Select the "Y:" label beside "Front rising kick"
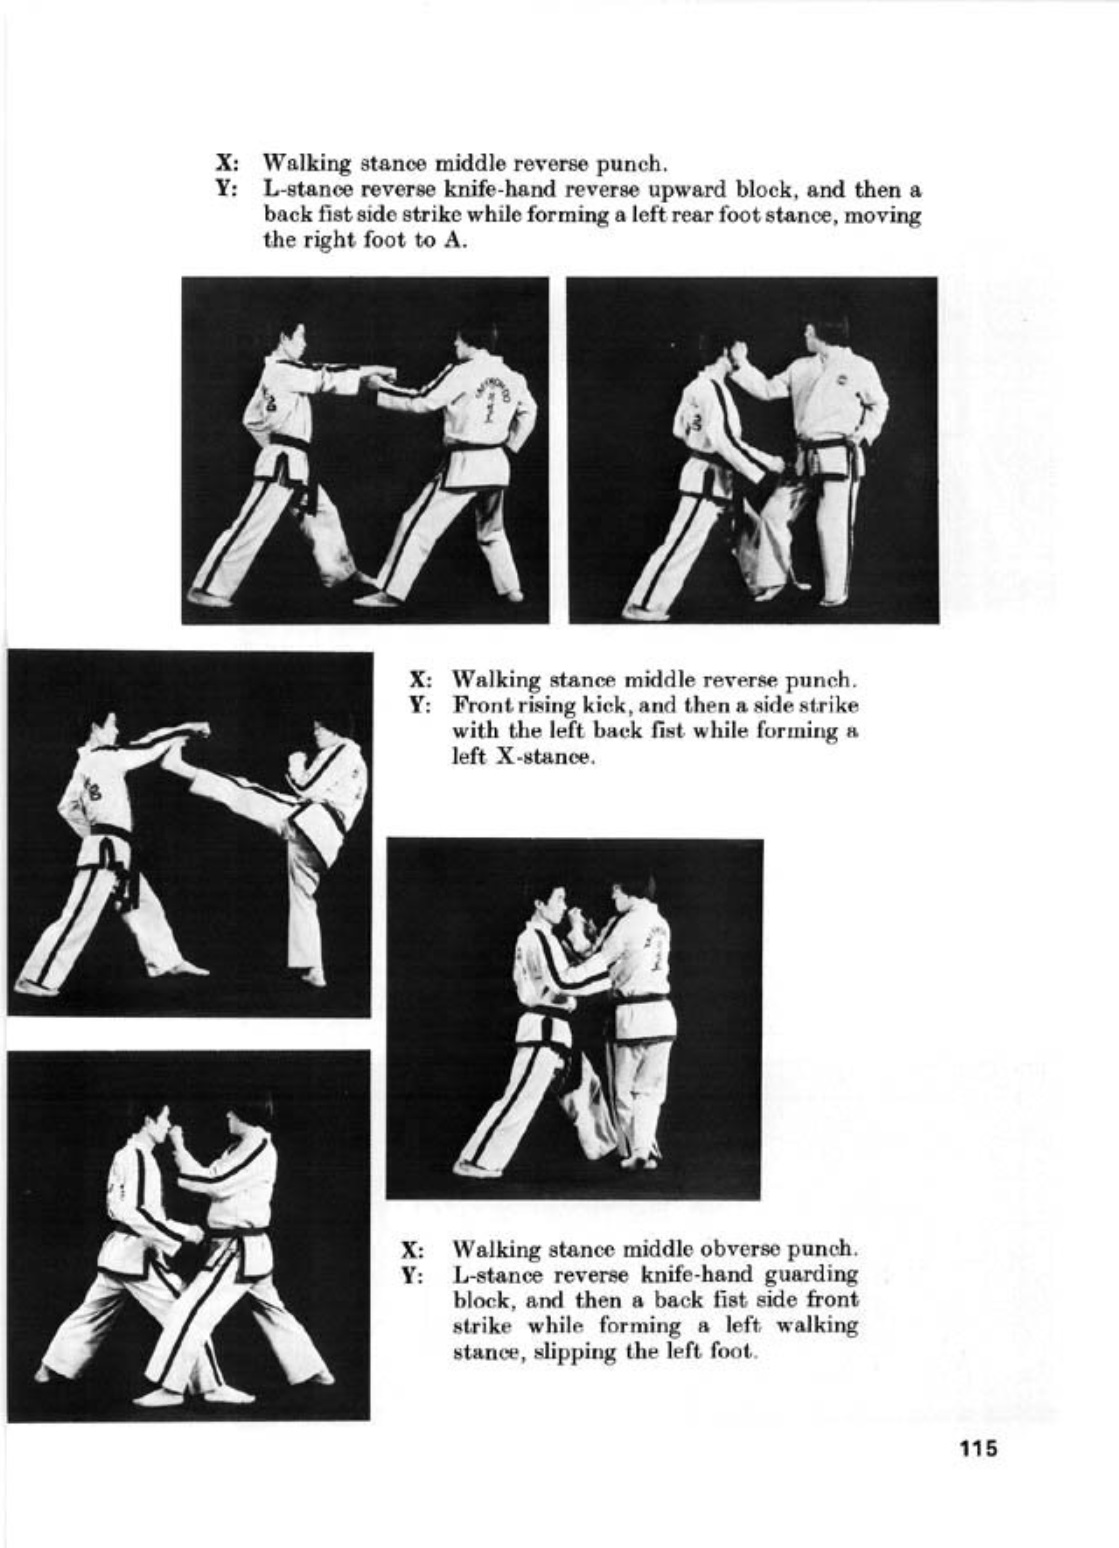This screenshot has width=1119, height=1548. pyautogui.click(x=419, y=706)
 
